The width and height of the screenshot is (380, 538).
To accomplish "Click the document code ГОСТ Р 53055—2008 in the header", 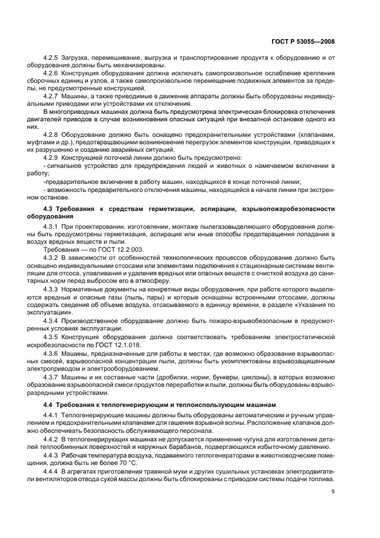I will pos(310,42).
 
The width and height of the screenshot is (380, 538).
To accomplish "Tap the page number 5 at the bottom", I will pos(333,491).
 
